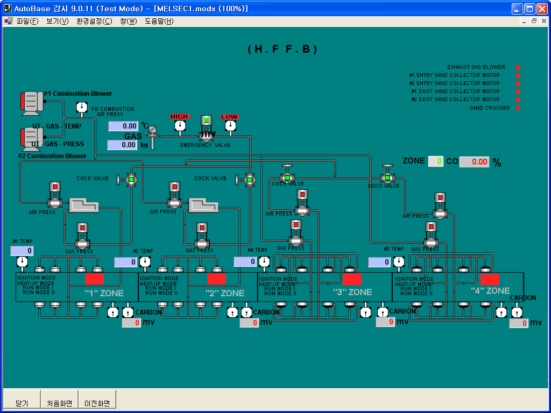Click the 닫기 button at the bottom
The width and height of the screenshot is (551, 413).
point(22,403)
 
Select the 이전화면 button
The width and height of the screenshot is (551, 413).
point(97,403)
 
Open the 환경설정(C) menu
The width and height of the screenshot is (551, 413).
point(94,21)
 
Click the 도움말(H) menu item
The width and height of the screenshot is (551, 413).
point(159,21)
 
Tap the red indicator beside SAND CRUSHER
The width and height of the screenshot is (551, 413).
point(519,108)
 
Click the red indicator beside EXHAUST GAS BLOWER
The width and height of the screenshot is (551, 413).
point(519,67)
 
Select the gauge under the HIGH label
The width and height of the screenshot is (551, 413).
point(180,125)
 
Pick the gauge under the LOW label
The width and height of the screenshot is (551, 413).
point(230,125)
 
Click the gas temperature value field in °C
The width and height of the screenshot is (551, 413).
point(123,126)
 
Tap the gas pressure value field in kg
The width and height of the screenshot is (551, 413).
point(122,145)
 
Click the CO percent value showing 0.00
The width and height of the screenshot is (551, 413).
point(474,162)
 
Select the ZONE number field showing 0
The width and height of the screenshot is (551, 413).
point(436,161)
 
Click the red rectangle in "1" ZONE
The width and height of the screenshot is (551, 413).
point(94,279)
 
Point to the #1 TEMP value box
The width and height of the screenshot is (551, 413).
point(22,251)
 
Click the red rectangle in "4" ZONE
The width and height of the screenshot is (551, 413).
point(490,279)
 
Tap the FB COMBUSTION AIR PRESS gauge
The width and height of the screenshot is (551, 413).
point(81,107)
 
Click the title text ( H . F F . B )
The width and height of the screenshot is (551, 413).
point(282,49)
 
